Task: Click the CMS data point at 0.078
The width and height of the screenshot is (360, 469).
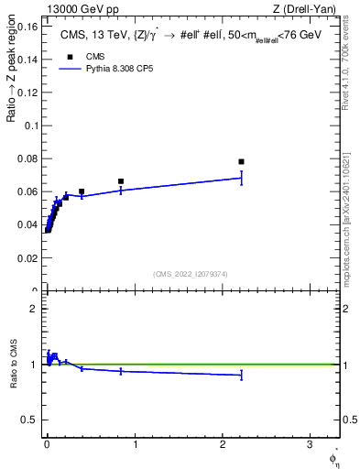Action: (x=241, y=161)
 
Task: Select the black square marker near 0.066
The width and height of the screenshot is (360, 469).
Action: (x=121, y=181)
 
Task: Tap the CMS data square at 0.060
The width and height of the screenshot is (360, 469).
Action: (x=82, y=191)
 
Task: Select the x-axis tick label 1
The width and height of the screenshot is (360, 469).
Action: (x=135, y=445)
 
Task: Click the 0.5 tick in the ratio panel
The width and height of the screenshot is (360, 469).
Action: (x=30, y=420)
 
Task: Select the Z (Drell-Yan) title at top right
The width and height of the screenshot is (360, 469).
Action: (x=306, y=8)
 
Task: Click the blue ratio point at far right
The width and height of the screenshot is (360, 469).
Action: (x=241, y=375)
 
